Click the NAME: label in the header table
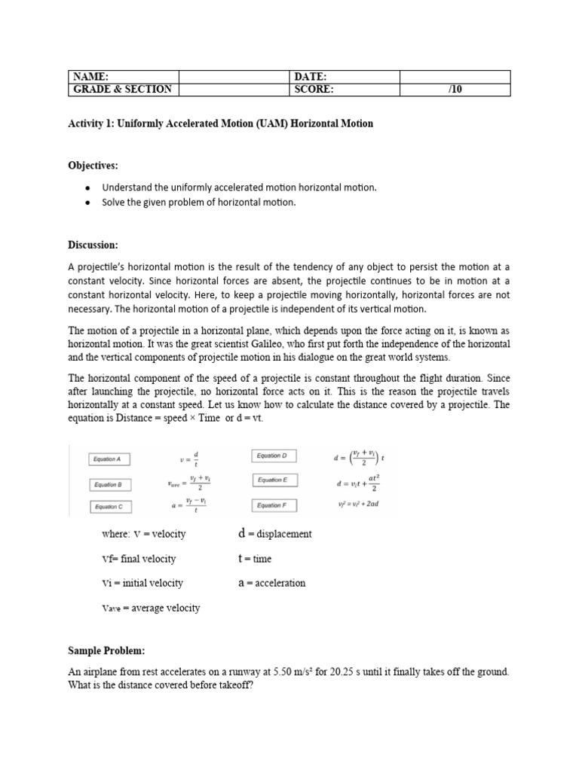click(90, 77)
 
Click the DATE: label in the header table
click(311, 77)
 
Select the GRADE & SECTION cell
click(122, 90)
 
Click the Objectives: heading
click(93, 165)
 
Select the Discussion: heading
click(94, 245)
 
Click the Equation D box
click(273, 456)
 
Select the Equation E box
click(273, 480)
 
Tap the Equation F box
click(273, 504)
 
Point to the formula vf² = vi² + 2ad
click(357, 504)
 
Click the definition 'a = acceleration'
click(271, 583)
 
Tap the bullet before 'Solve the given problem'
click(89, 203)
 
